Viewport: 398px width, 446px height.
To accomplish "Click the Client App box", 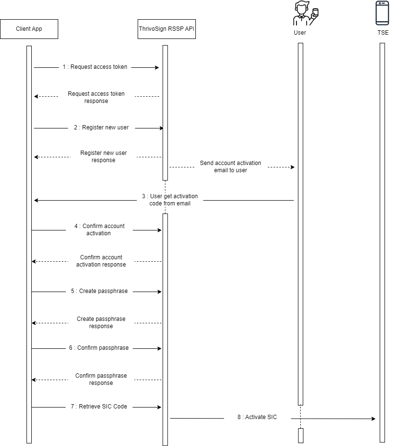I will [x=29, y=29].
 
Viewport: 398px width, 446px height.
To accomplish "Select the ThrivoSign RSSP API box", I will [x=167, y=29].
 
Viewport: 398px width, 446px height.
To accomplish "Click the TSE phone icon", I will [x=382, y=13].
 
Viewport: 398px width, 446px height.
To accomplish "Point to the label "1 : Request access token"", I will [x=95, y=67].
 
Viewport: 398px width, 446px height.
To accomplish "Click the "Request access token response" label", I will [x=96, y=97].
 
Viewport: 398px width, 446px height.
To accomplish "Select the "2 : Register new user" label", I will [x=101, y=128].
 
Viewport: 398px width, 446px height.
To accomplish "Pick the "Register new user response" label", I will [x=103, y=156].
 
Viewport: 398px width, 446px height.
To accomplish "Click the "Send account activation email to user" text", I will [x=231, y=166].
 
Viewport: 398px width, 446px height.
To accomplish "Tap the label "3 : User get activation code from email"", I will [x=170, y=200].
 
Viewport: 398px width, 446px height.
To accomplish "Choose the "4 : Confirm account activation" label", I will [x=99, y=229].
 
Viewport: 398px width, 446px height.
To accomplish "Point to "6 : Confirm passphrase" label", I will [x=99, y=348].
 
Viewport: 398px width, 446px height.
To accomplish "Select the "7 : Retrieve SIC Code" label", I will [x=99, y=407].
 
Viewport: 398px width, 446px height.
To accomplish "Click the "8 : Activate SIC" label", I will [x=257, y=417].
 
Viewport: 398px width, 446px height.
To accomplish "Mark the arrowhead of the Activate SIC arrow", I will [x=373, y=419].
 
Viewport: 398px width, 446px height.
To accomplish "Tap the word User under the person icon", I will [x=300, y=33].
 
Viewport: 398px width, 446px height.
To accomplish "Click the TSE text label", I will [x=383, y=33].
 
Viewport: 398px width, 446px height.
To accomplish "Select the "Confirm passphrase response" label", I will [x=101, y=379].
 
